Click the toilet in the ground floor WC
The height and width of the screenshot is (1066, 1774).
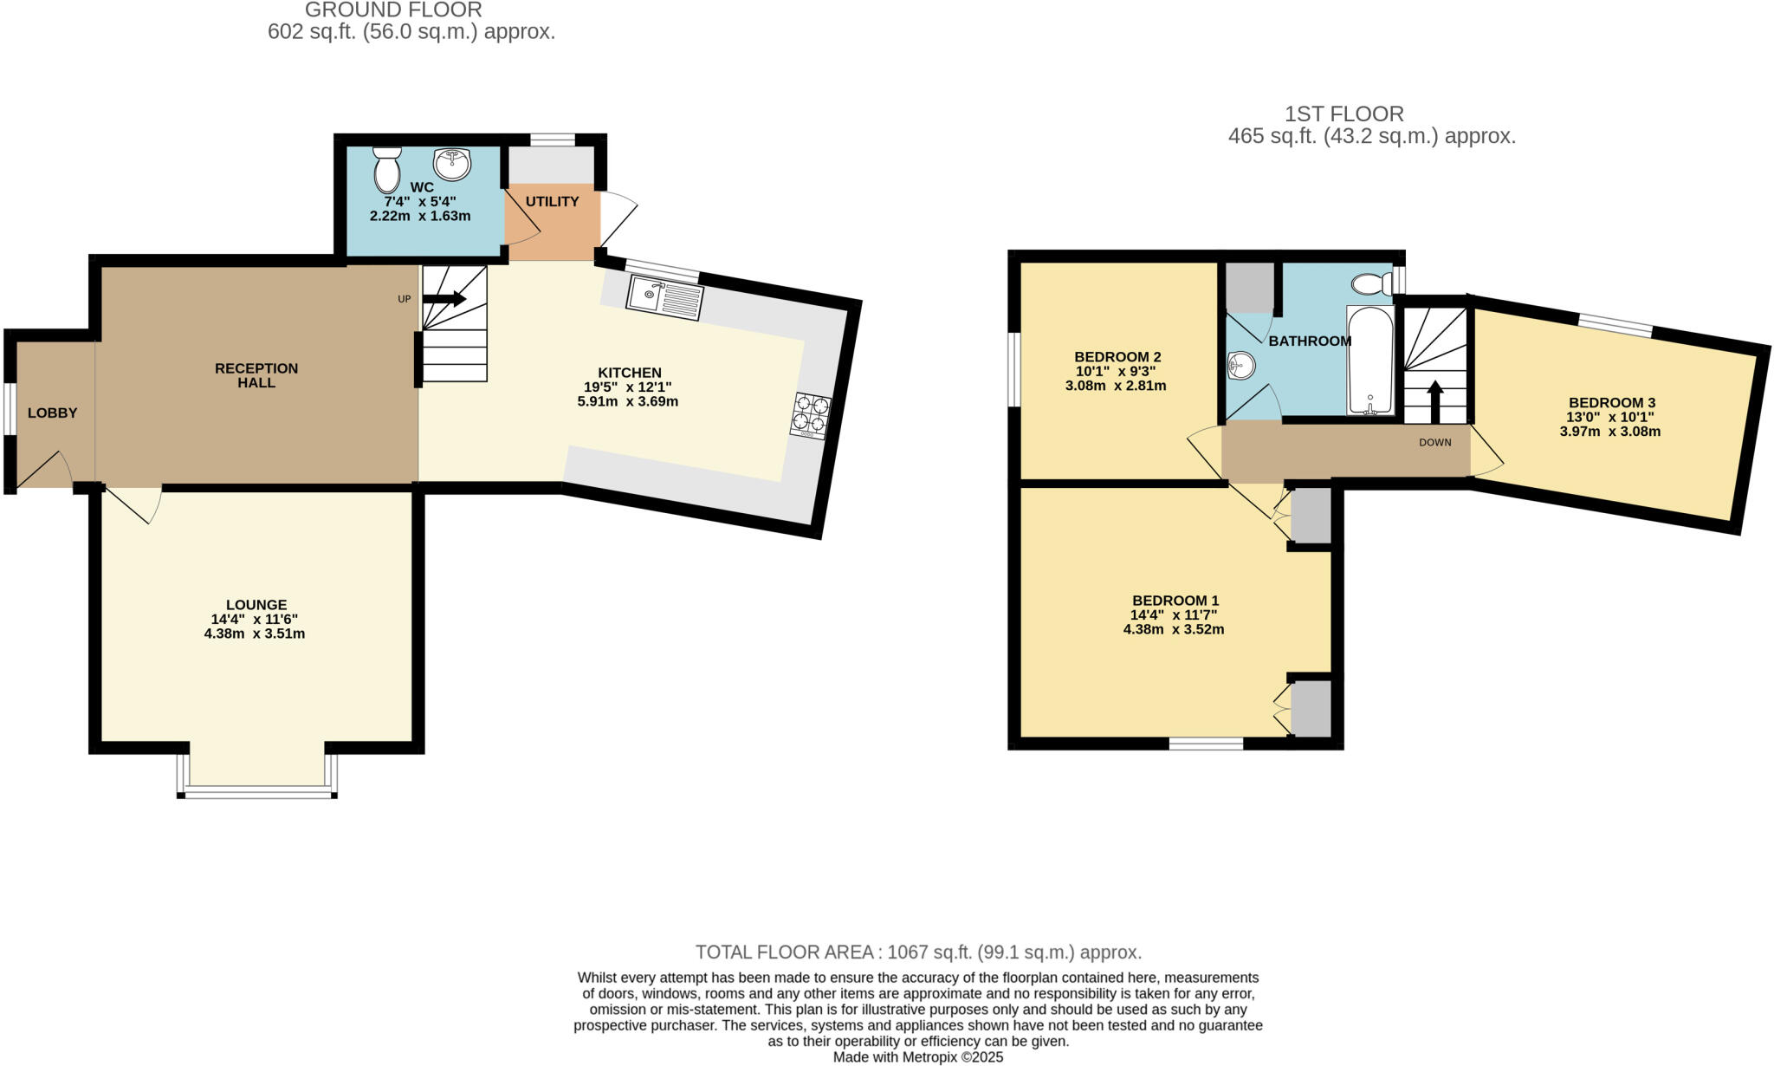point(386,169)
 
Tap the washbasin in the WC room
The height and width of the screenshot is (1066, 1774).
point(451,162)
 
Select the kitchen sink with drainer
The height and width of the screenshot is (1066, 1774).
point(665,298)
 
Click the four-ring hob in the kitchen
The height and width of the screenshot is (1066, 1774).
point(810,415)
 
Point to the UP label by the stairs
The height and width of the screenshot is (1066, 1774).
point(404,299)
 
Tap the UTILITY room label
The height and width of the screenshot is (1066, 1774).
point(552,201)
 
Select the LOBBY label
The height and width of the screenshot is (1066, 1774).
point(52,413)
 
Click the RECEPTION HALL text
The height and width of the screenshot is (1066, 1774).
point(256,375)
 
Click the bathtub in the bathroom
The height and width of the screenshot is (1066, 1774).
point(1369,360)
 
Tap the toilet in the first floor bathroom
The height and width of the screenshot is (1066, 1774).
point(1370,283)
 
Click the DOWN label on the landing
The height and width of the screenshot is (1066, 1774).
point(1434,442)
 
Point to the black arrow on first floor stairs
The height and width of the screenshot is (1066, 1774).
point(1434,400)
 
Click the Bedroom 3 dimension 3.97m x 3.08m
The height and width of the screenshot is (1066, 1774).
point(1610,431)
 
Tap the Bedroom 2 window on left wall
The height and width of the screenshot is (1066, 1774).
point(1014,369)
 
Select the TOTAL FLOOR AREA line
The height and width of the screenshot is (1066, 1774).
point(918,952)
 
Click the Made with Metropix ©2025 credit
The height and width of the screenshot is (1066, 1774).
point(918,1057)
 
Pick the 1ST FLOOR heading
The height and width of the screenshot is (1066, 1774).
point(1343,114)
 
